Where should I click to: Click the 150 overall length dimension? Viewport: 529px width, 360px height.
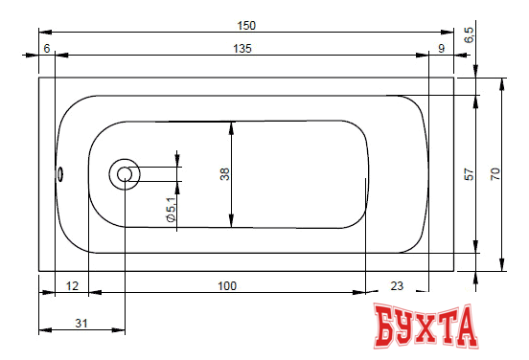(x=246, y=26)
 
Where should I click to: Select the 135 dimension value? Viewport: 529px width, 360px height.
(x=242, y=49)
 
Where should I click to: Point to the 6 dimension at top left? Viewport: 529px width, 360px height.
(x=47, y=49)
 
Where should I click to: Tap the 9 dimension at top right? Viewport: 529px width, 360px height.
(x=441, y=49)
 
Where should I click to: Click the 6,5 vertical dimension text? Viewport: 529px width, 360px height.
(x=469, y=34)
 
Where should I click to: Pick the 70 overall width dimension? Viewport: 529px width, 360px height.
(x=494, y=174)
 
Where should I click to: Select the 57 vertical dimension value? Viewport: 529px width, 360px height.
(x=469, y=174)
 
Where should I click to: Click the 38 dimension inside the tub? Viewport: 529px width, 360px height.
(x=224, y=174)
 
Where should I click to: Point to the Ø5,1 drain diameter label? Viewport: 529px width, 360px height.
(x=171, y=210)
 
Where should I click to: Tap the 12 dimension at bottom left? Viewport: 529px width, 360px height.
(x=72, y=286)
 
